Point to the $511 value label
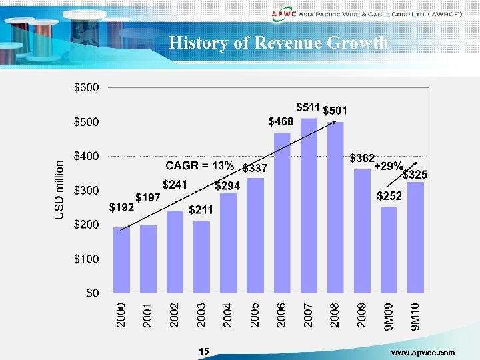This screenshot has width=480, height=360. pos(309,107)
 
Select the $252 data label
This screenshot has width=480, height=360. pos(389,196)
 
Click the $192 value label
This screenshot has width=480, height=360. pos(122,207)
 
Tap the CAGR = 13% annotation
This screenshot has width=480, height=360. pos(199,165)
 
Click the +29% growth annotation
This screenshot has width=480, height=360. pos(387,165)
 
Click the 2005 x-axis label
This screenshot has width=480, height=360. pos(255,315)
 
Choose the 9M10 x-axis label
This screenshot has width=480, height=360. pos(415,315)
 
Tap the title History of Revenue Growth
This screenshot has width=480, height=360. pos(279,43)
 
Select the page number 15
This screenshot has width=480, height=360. pos(204,351)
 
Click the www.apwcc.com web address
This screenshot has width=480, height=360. pos(423,352)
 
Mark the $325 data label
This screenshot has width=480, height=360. pos(415,175)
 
